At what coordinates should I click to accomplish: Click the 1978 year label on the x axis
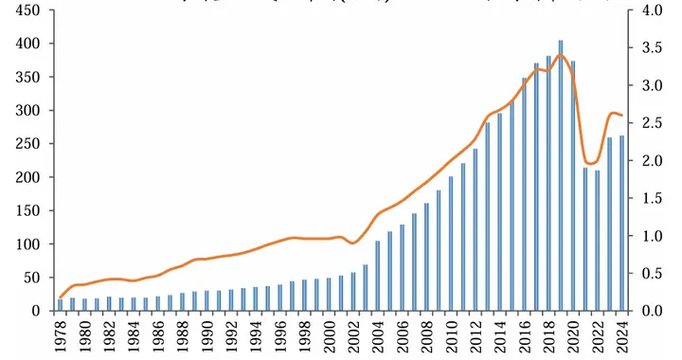61,336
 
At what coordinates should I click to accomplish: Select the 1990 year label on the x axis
207,336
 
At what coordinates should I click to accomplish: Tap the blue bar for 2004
378,276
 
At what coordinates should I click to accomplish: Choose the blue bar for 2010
451,243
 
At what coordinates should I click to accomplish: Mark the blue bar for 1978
61,305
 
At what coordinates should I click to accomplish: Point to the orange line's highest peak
561,54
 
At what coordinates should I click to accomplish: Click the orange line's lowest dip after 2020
591,163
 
